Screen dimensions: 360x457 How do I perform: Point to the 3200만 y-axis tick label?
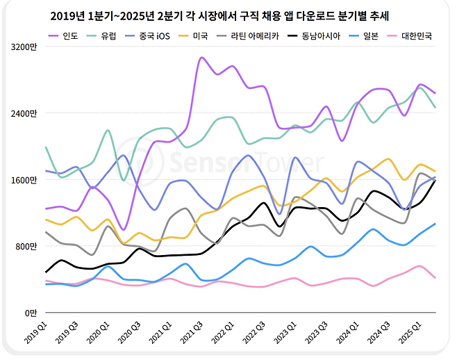click(x=25, y=47)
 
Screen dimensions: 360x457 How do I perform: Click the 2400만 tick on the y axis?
click(x=25, y=113)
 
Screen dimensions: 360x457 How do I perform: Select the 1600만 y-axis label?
click(x=25, y=180)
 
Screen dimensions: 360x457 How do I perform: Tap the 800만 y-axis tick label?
click(x=27, y=247)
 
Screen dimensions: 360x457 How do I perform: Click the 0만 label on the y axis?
click(x=31, y=313)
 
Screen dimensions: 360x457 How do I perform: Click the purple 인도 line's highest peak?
click(x=201, y=58)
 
